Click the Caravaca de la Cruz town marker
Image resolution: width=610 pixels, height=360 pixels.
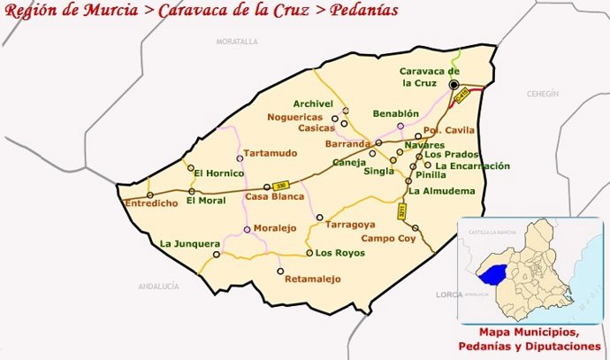pyautogui.click(x=454, y=85)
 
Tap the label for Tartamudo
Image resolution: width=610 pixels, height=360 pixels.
pyautogui.click(x=270, y=153)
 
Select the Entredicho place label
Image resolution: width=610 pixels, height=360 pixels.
pyautogui.click(x=146, y=203)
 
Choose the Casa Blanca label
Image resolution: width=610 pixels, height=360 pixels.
pyautogui.click(x=268, y=196)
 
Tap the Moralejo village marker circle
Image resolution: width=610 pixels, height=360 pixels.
pyautogui.click(x=247, y=230)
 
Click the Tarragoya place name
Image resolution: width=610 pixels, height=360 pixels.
pyautogui.click(x=351, y=225)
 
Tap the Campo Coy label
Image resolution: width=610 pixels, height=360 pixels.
pyautogui.click(x=387, y=238)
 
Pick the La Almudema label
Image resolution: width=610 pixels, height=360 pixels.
pyautogui.click(x=442, y=190)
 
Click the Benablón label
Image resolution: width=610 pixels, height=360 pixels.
pyautogui.click(x=395, y=115)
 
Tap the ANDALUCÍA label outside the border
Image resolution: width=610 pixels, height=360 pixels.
pyautogui.click(x=158, y=287)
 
